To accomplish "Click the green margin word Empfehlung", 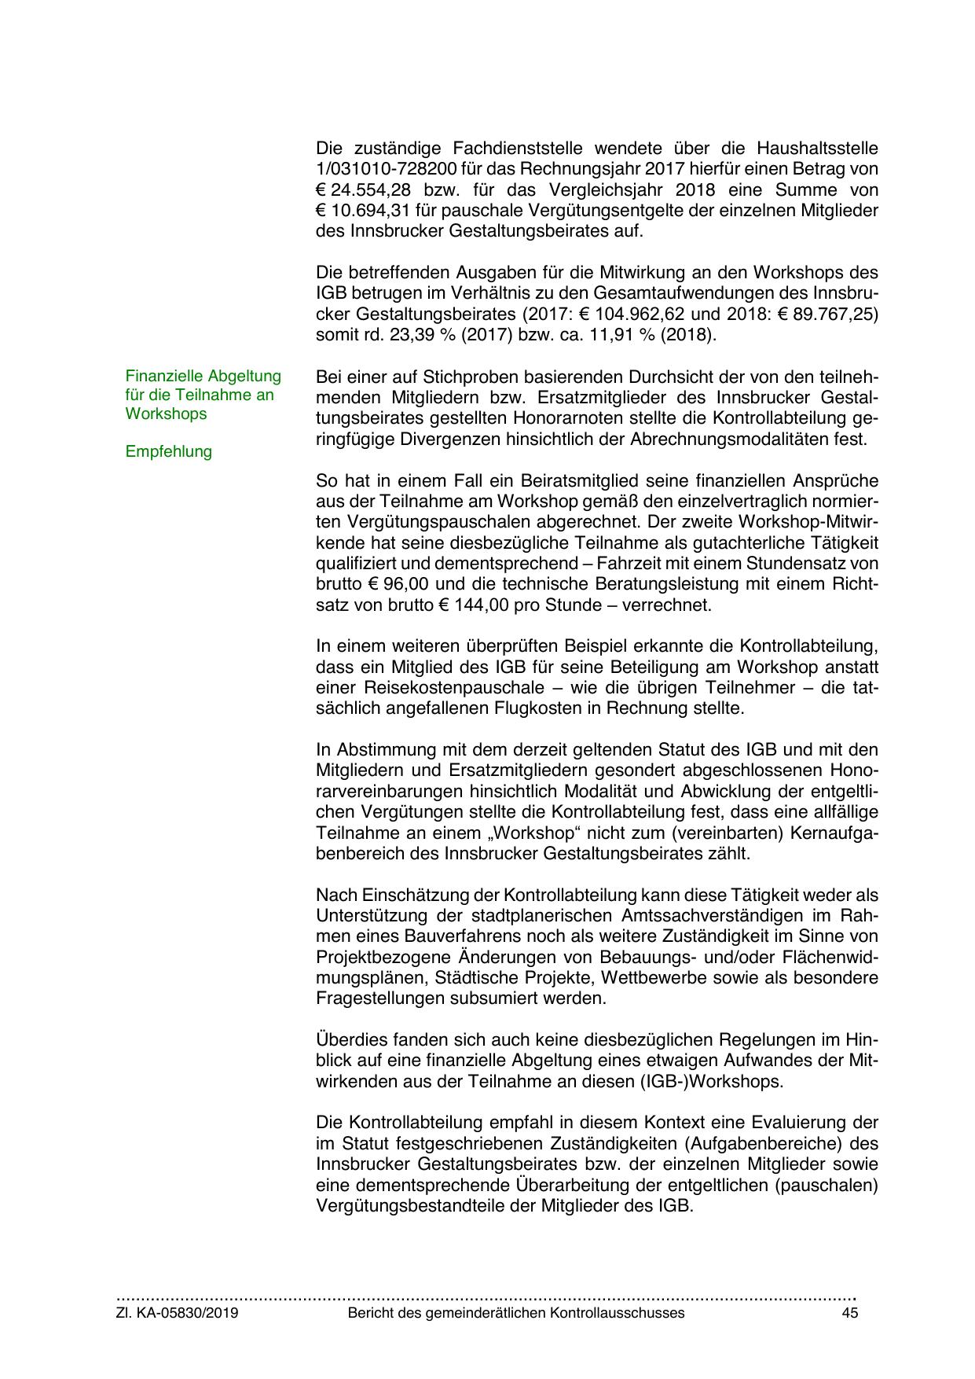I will [x=168, y=451].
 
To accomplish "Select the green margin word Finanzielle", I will [x=163, y=376].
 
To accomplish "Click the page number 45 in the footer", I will [x=849, y=1313].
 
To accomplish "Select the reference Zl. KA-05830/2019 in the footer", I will [x=178, y=1313].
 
